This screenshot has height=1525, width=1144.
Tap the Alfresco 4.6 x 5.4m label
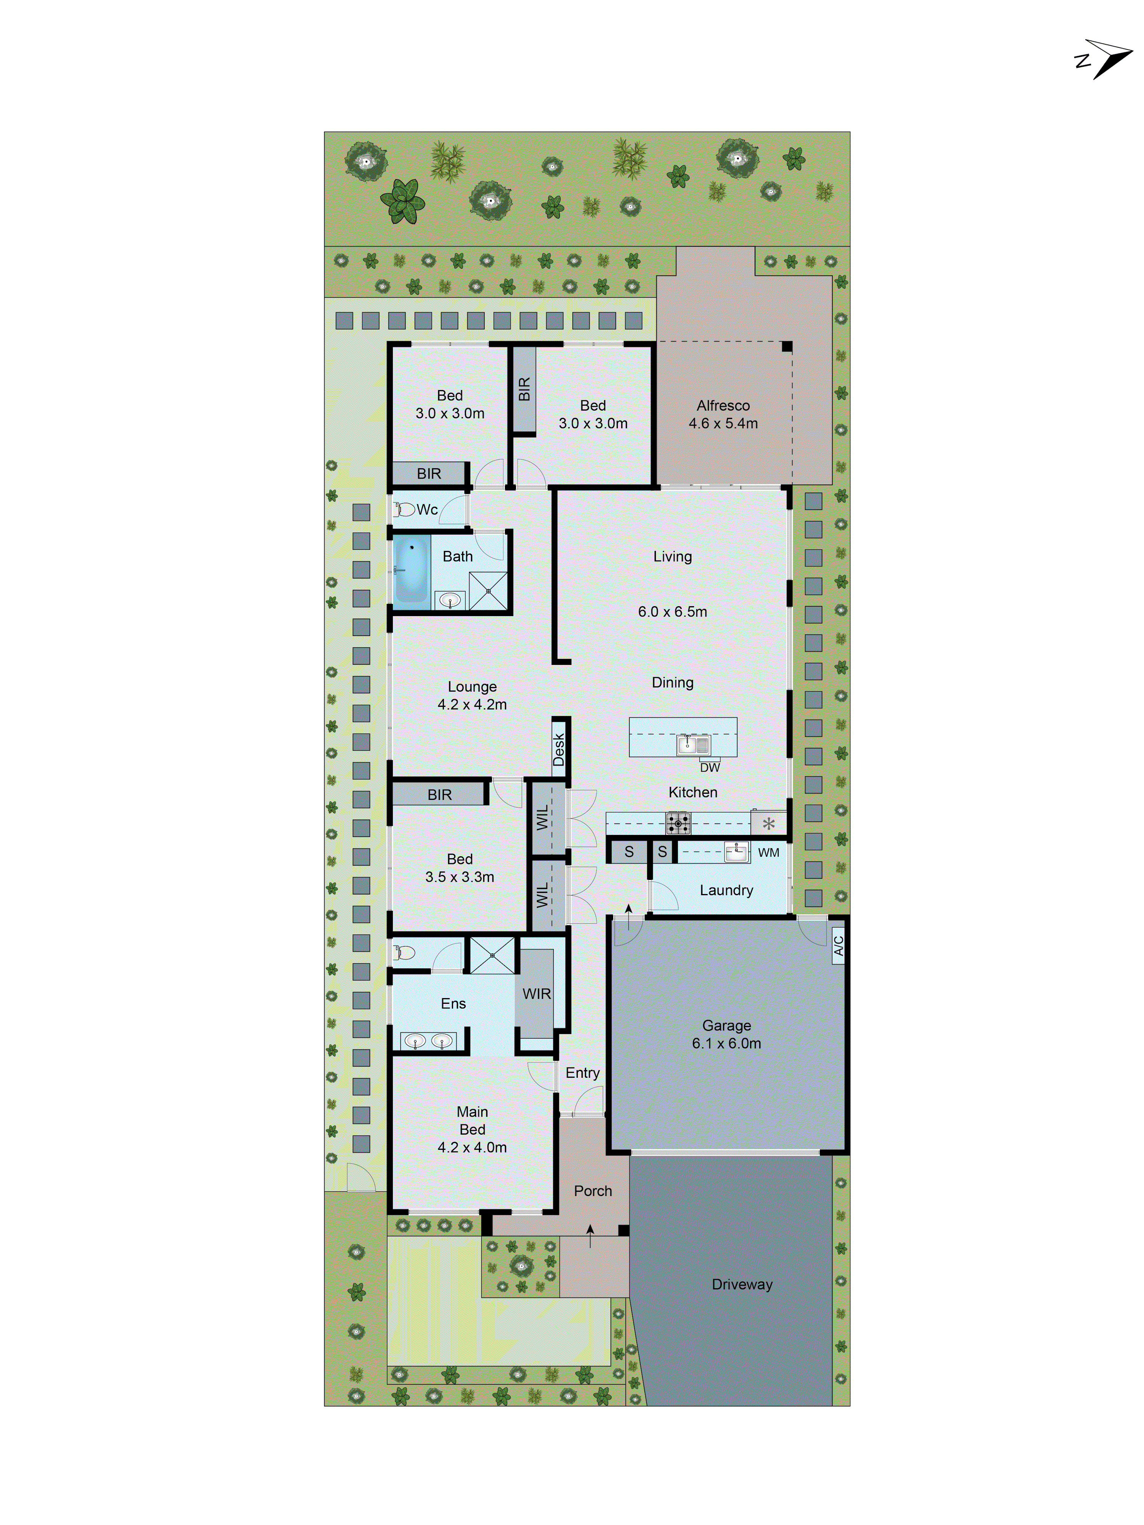click(723, 414)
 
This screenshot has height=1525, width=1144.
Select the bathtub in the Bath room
click(412, 570)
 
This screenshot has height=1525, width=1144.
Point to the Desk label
click(559, 750)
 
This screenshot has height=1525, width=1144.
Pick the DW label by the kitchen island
click(710, 767)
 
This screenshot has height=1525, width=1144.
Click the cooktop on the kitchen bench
click(678, 822)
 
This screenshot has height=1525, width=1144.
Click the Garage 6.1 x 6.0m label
click(726, 1034)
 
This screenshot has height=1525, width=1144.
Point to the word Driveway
click(742, 1284)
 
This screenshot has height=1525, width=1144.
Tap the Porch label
click(592, 1191)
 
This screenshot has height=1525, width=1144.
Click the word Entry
click(582, 1073)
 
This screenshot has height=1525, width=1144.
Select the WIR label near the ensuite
click(537, 994)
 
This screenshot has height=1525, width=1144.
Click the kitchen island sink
click(694, 744)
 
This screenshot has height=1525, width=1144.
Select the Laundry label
click(726, 890)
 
